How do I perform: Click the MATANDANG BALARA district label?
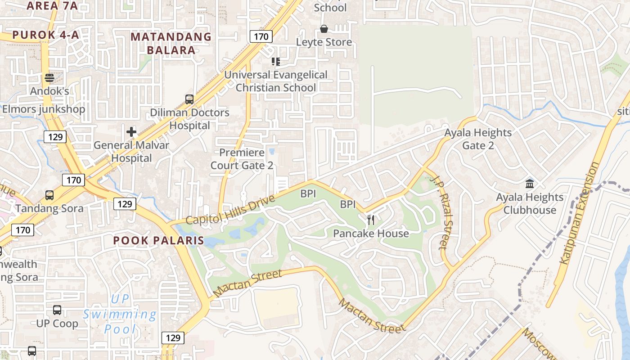coord(171,43)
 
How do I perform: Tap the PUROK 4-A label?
coord(45,35)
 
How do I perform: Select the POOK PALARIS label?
coord(158,240)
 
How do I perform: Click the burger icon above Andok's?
coord(49,78)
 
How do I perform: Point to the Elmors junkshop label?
coord(44,109)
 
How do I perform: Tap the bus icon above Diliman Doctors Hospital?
coord(189,99)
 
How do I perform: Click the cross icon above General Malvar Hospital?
coord(131,132)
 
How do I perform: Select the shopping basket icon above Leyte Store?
coord(324,29)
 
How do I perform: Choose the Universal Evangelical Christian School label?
coord(276,81)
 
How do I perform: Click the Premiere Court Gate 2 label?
coord(242,159)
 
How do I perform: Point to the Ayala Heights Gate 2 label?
coord(478,139)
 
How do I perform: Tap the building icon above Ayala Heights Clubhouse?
coord(530,184)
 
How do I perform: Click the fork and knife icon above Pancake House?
coord(371,220)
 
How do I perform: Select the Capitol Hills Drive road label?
coord(230,211)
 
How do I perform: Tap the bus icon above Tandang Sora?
coord(49,195)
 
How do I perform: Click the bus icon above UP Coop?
coord(57,310)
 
